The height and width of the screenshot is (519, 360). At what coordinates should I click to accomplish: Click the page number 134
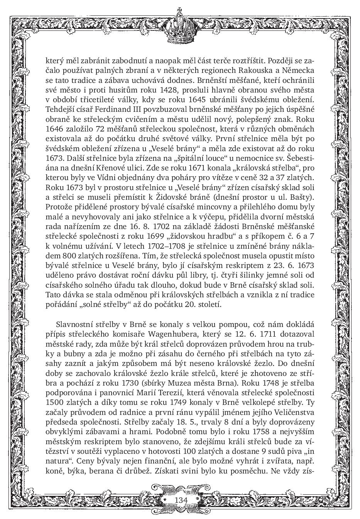click(181, 500)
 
